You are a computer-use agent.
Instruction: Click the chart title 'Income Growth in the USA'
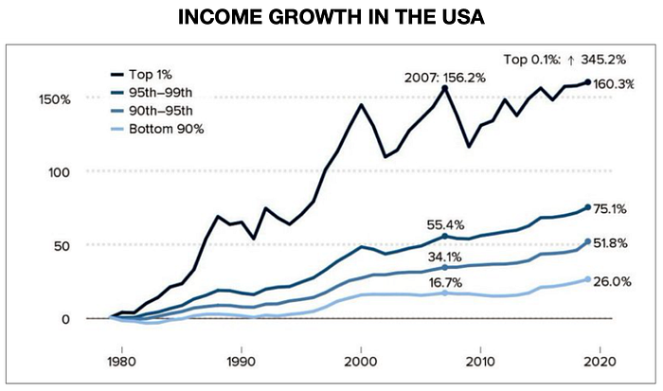coord(331,17)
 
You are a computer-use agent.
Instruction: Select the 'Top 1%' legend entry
coord(141,75)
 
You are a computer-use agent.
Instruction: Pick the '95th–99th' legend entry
coord(152,92)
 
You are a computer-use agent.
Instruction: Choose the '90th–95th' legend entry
coord(152,111)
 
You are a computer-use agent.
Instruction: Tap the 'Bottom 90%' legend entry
coord(157,129)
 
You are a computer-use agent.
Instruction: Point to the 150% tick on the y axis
coord(55,99)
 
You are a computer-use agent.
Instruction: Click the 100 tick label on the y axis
coord(59,172)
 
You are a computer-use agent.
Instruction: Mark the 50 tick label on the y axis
coord(62,246)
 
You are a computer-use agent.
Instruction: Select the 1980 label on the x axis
coord(122,362)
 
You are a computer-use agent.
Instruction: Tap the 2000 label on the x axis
coord(361,362)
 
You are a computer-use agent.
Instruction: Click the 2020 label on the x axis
coord(600,362)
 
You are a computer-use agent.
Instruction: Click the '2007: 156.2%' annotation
coord(445,78)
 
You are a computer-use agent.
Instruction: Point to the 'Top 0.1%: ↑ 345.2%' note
coord(564,60)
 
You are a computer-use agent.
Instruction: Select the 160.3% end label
coord(614,84)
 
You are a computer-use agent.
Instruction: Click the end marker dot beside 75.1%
coord(588,207)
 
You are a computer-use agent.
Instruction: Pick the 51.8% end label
coord(610,243)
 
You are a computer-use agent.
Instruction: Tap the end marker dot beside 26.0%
coord(588,279)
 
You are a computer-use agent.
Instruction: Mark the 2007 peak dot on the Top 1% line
coord(445,88)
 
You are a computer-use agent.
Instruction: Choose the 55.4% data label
coord(445,225)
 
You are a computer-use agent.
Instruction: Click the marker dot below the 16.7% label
coord(445,293)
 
